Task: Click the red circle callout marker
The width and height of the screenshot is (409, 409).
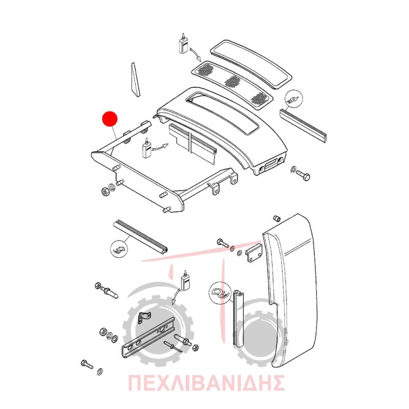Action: [x=109, y=119]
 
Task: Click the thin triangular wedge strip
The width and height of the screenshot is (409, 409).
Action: [x=135, y=80]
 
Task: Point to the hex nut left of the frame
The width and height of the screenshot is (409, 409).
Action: [x=105, y=192]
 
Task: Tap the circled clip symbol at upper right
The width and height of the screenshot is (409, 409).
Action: [x=294, y=99]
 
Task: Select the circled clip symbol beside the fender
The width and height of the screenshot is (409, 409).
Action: [x=220, y=292]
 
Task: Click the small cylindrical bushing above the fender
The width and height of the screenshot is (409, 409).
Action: [x=277, y=218]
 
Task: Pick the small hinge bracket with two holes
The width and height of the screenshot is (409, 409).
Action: [x=254, y=253]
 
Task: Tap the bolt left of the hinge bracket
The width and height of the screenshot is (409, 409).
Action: [x=223, y=243]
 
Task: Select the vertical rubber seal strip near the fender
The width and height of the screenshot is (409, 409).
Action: [x=238, y=318]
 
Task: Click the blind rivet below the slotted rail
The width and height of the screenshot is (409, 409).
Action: [x=171, y=346]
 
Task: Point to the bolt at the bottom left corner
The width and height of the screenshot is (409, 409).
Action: [x=87, y=364]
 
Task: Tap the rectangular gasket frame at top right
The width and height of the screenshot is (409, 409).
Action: [x=251, y=63]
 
